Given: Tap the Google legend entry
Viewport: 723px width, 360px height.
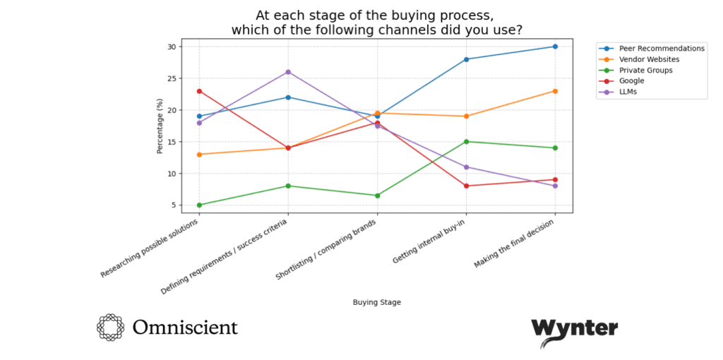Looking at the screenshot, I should (x=633, y=80).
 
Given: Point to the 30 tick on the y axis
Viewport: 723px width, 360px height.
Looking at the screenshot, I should (x=172, y=47).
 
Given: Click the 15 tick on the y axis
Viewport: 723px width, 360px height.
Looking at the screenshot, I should (x=172, y=142).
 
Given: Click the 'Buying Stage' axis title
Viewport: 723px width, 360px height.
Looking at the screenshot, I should (x=376, y=302).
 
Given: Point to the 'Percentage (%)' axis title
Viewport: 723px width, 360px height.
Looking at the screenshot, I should (x=160, y=125).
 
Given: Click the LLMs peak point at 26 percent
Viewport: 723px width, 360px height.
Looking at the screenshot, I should (x=288, y=72).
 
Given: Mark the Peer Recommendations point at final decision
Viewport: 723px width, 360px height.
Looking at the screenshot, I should (x=555, y=47).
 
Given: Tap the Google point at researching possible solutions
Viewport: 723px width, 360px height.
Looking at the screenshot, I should (x=199, y=91).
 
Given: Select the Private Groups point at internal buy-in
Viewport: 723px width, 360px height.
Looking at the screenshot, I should (x=466, y=141).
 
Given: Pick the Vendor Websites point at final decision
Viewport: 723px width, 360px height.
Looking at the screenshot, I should (x=555, y=91).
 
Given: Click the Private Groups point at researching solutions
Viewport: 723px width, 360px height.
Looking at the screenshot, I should (x=199, y=205).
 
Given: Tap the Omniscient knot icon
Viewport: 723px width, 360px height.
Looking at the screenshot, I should (x=111, y=328).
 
